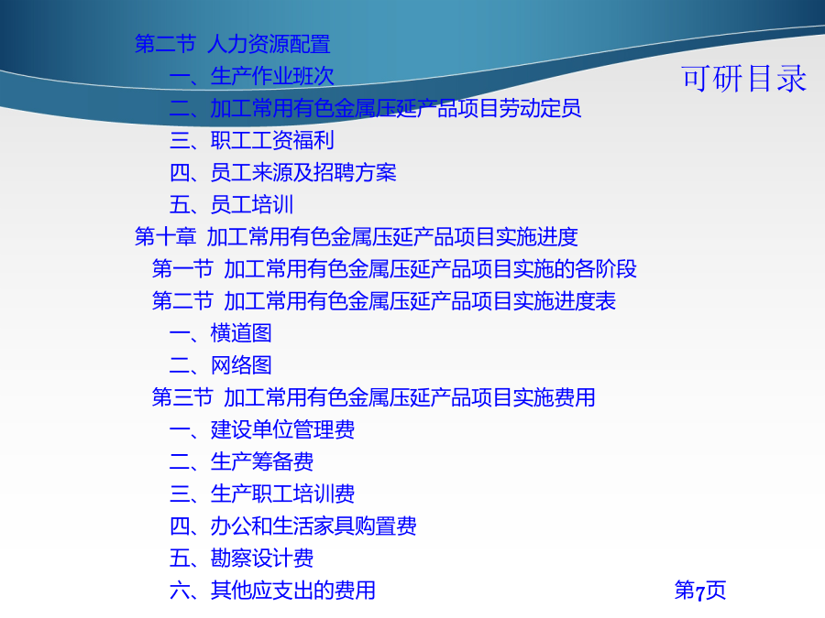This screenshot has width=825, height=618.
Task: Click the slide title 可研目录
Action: tap(743, 79)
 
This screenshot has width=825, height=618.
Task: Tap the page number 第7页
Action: tap(699, 591)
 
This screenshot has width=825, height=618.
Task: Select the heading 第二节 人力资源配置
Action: tap(233, 44)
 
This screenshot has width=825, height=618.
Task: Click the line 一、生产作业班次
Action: tap(251, 76)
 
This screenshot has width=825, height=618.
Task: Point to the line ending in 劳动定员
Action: tap(375, 108)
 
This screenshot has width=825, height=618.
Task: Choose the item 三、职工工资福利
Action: tap(251, 140)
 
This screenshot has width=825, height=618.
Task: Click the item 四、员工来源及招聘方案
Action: tap(282, 172)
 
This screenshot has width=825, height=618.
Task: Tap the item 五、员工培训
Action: tap(231, 204)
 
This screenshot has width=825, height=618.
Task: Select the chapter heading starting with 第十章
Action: tap(357, 237)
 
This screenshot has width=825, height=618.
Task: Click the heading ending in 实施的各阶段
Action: tap(394, 269)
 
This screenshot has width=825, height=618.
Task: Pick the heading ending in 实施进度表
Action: tap(384, 301)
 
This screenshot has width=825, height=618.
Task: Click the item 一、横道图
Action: tap(220, 333)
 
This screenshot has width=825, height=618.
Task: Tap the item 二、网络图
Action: tap(220, 365)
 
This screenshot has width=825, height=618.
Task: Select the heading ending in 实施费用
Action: tap(374, 397)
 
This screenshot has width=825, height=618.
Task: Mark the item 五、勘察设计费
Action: tap(241, 558)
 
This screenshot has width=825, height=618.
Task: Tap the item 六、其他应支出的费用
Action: tap(272, 591)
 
